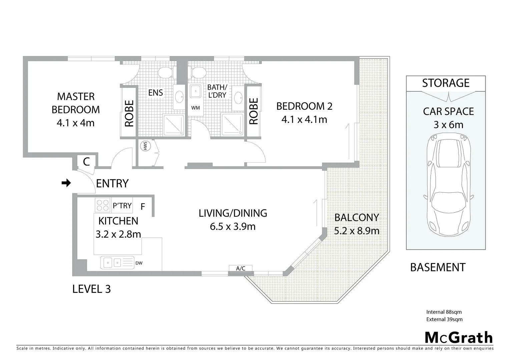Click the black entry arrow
[66, 183]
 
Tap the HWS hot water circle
[146, 146]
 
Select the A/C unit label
[240, 269]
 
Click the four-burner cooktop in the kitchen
[102, 205]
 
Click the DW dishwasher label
[139, 263]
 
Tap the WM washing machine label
[195, 108]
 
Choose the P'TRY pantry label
[122, 206]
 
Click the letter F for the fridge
[143, 207]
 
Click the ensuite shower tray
[173, 125]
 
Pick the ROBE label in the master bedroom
[129, 113]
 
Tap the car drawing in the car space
[449, 185]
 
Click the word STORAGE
[446, 83]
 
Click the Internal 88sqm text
[444, 312]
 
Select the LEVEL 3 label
[91, 289]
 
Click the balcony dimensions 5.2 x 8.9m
[357, 231]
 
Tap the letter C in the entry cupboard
[86, 162]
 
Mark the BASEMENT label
[438, 267]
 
